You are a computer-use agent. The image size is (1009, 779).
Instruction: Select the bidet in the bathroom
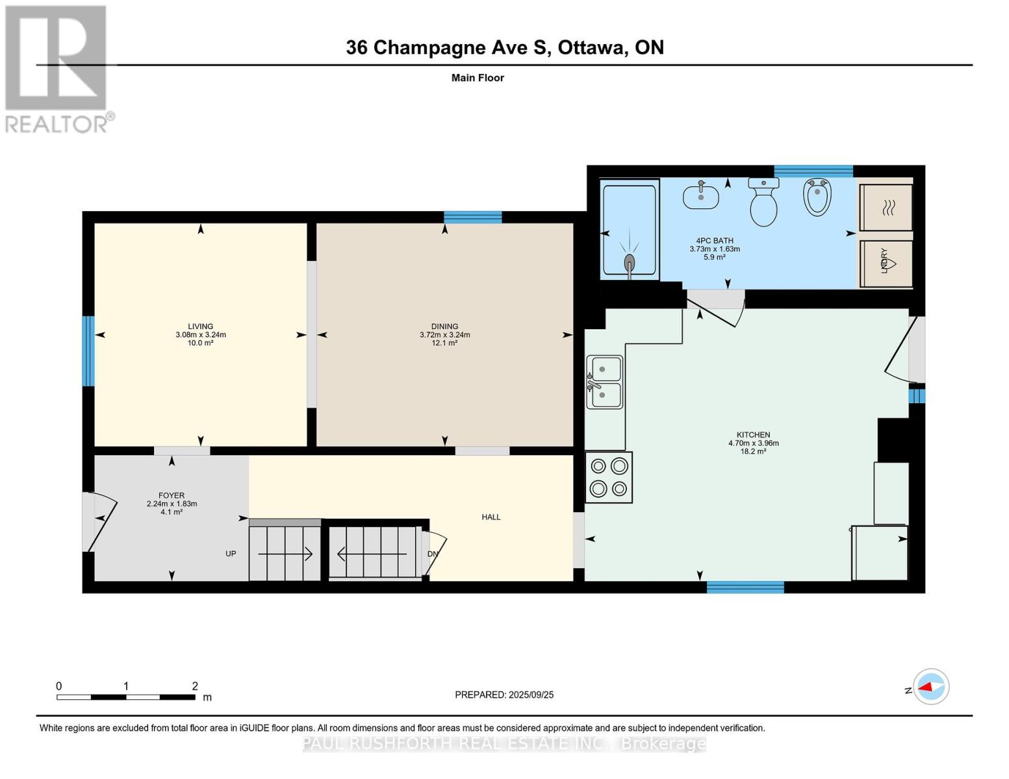coord(817,197)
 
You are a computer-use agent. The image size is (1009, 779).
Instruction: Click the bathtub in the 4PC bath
coord(630,230)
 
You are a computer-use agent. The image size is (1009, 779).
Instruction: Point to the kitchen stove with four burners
coord(609,477)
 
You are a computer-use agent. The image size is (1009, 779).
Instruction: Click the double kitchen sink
coord(604,382)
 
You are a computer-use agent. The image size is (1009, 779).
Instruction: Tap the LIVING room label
coord(201,326)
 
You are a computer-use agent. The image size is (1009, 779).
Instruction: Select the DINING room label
coord(444,326)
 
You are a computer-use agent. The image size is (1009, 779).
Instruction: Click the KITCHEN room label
coord(753,435)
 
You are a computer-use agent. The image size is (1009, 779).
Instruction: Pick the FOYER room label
coord(172,495)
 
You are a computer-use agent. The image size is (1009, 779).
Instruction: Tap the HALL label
coord(491,517)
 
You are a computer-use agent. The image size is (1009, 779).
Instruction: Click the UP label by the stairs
coord(231,554)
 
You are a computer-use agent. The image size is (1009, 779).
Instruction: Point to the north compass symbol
coord(930,687)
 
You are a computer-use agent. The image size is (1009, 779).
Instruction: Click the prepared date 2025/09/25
coord(531,695)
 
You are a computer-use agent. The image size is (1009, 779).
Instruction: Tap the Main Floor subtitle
coord(478,78)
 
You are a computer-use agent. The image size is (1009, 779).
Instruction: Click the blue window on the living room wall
coord(88,351)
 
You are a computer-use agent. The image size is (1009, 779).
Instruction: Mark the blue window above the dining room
coord(473,217)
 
